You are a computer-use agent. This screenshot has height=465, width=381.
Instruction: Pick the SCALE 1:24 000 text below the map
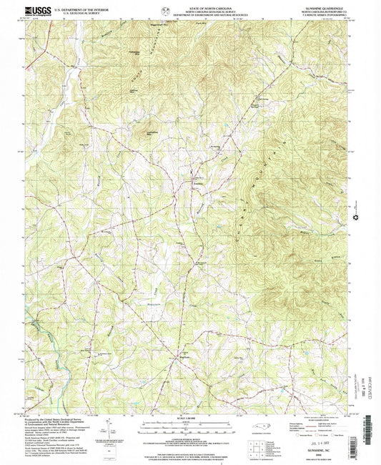point(189,420)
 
